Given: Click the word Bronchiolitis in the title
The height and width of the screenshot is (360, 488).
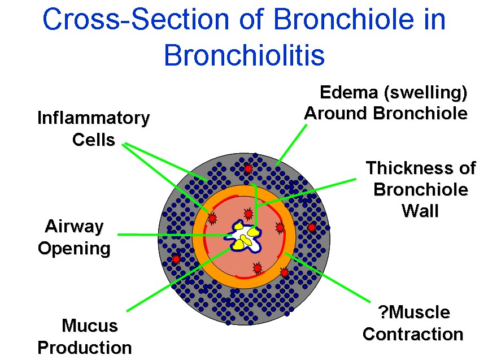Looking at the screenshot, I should pos(244,55).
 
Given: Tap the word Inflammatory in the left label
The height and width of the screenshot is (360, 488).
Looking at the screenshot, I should pos(93,119).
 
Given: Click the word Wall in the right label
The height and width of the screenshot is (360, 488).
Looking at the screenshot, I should pos(420,211).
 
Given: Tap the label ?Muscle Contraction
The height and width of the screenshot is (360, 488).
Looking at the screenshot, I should pos(413,323).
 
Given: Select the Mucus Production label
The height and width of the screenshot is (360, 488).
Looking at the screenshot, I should pos(85,336).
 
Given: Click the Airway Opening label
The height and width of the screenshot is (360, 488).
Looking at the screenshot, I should pos(74,237).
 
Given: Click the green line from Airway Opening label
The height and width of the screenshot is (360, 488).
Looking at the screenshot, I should pos(169,235).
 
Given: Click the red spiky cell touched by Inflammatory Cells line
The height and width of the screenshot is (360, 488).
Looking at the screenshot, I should pos(212,218).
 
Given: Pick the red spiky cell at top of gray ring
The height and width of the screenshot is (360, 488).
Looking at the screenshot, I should pos(248,168).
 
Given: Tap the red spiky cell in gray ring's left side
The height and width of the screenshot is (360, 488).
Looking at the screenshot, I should pos(176,259).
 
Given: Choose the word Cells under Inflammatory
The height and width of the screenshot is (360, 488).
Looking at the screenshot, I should pos(93,140).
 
